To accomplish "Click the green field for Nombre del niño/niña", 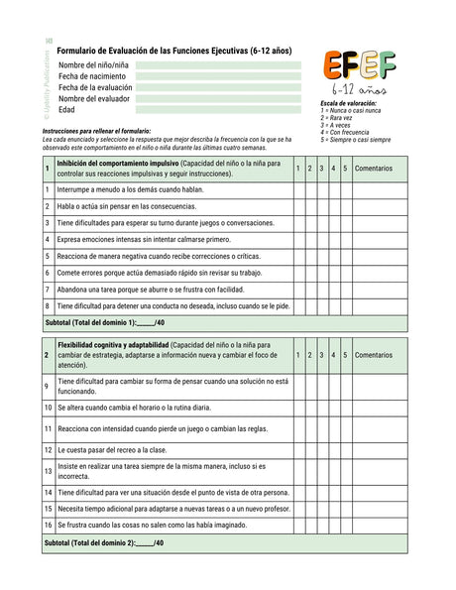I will click(223, 64).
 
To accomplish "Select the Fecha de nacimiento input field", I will click(223, 76).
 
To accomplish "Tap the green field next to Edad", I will click(223, 110).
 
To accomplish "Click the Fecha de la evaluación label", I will click(94, 87).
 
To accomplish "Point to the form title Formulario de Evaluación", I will click(173, 50).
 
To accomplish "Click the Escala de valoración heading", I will click(350, 103).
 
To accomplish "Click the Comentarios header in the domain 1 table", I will click(373, 168).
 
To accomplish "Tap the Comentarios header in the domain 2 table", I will click(373, 354).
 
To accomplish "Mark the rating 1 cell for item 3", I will click(298, 223).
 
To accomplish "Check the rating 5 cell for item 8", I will click(345, 306).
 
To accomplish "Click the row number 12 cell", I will click(48, 449).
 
